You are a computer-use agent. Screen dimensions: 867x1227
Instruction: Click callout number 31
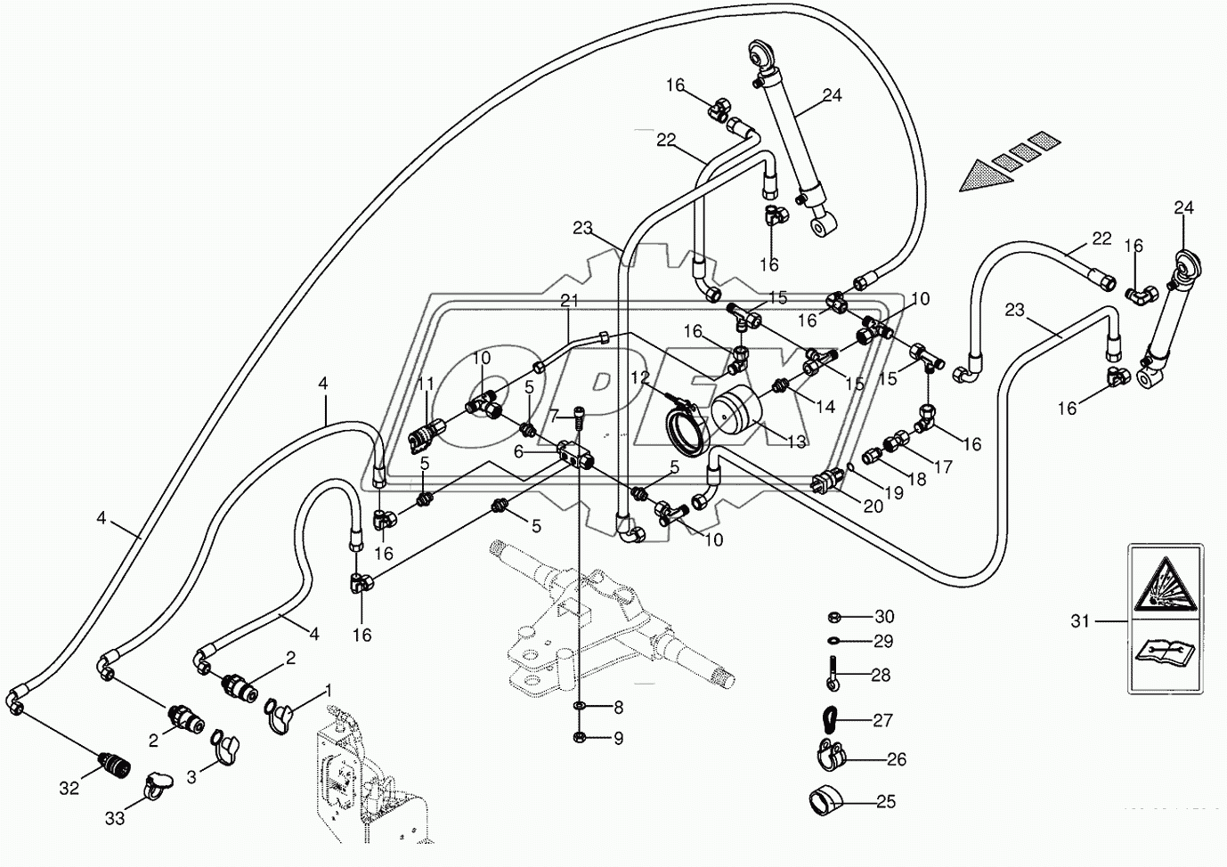[x=1080, y=621]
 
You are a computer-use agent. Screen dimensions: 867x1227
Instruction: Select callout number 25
[x=885, y=802]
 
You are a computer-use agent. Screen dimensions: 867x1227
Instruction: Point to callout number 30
[x=883, y=617]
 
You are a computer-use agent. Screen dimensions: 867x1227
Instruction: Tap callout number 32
[x=69, y=787]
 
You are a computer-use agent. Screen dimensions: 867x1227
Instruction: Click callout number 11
[x=426, y=385]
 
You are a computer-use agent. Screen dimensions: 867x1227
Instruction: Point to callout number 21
[x=569, y=302]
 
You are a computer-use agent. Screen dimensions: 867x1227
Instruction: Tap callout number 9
[x=618, y=738]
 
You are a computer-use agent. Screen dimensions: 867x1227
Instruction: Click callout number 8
[x=618, y=709]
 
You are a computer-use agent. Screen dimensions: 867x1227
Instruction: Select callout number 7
[x=554, y=415]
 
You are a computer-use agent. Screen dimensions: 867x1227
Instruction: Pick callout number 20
[x=872, y=506]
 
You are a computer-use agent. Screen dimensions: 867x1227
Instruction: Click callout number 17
[x=943, y=466]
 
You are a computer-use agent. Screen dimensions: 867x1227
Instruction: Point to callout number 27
[x=882, y=720]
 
